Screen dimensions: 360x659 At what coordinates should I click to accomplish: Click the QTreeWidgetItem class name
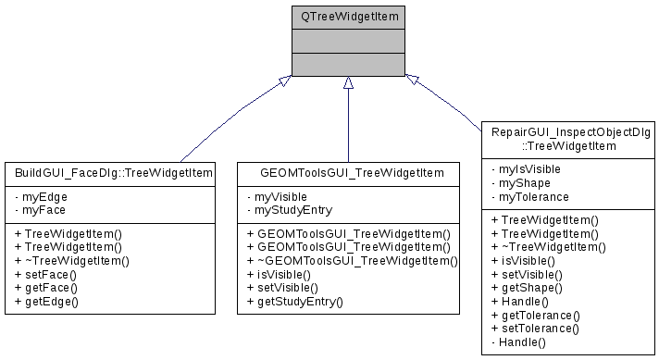tap(348, 17)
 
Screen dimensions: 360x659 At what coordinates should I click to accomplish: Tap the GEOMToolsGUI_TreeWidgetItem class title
tap(347, 172)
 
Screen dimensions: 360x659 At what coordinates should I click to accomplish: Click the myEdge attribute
tap(41, 197)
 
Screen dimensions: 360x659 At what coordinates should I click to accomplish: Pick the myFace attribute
tap(41, 210)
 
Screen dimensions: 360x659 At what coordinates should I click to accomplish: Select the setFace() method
tap(45, 275)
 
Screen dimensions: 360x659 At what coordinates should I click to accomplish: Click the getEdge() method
tap(47, 301)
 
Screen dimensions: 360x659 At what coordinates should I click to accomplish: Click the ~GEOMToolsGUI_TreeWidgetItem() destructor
tap(352, 262)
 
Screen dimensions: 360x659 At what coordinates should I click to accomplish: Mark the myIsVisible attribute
tap(528, 170)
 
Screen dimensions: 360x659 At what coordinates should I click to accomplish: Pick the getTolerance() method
tap(540, 315)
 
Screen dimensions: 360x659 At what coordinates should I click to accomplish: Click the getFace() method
tap(46, 288)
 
